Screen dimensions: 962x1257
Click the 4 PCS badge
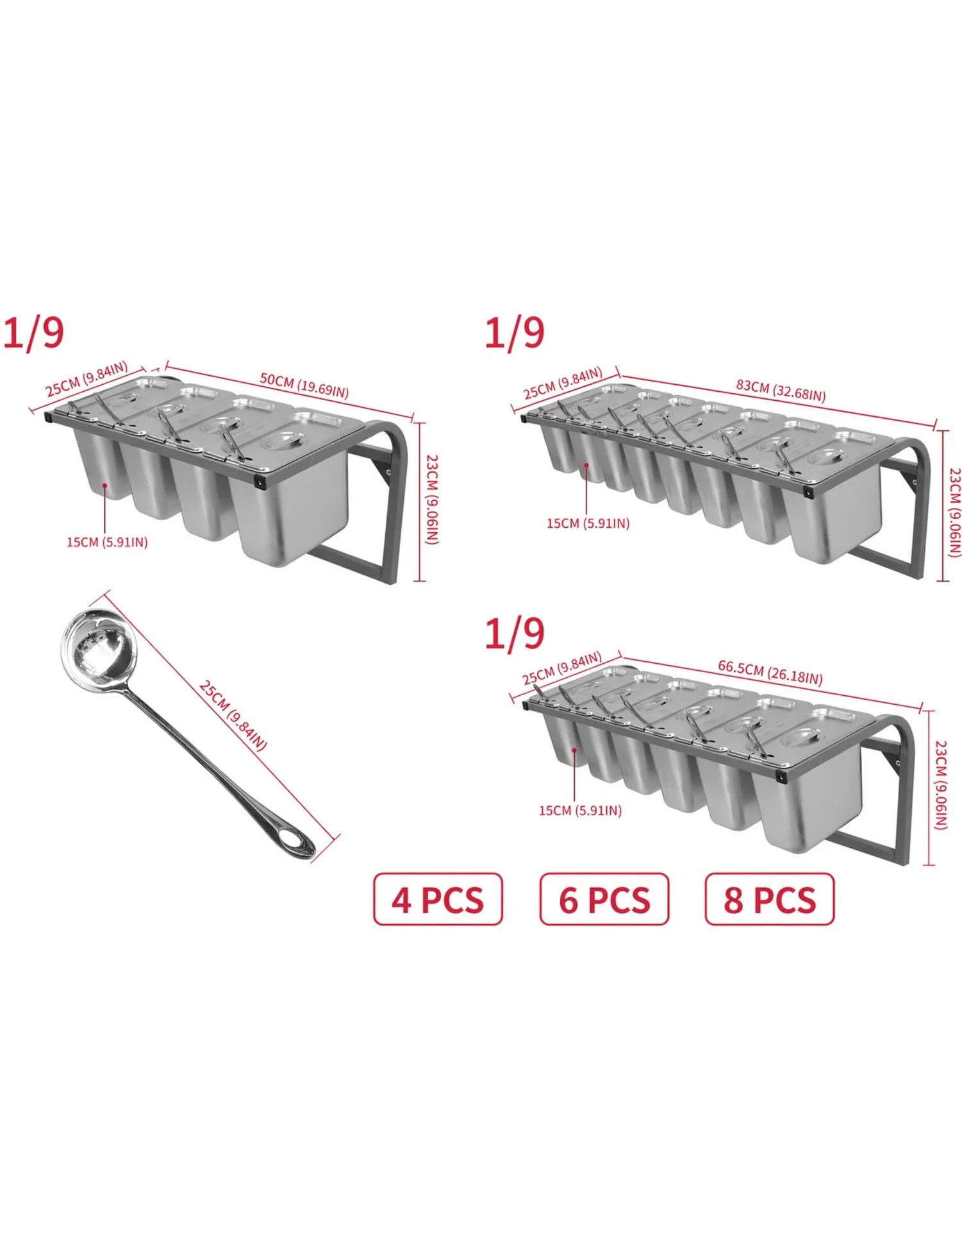coord(438,898)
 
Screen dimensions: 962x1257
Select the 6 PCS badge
coord(604,898)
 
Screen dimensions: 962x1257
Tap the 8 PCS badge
coord(770,898)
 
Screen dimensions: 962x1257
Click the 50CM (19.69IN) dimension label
coord(304,385)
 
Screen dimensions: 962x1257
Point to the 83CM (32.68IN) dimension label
coord(781,390)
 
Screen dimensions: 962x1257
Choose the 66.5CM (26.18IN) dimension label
coord(770,673)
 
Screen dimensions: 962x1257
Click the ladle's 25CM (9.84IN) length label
coord(233,715)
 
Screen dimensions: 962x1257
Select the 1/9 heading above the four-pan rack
coord(34,333)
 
